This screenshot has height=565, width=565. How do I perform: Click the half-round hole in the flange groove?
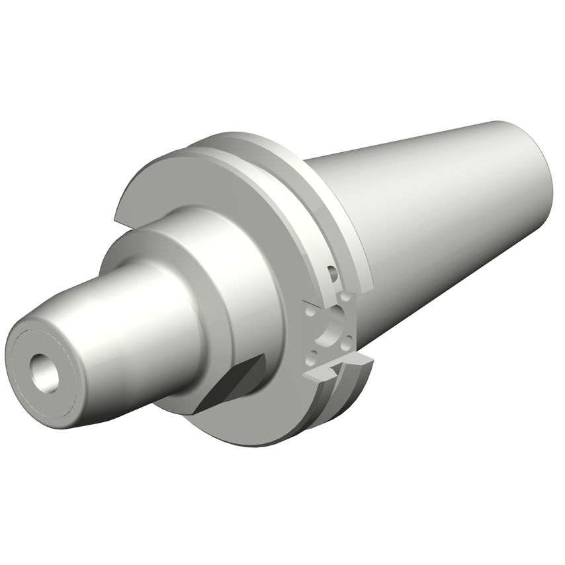(x=333, y=272)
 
